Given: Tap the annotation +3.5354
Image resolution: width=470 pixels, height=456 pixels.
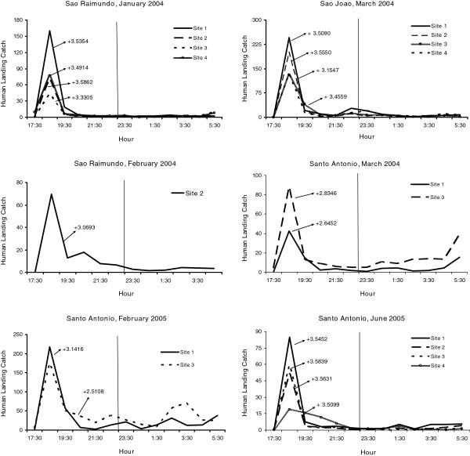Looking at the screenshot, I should coord(82,42).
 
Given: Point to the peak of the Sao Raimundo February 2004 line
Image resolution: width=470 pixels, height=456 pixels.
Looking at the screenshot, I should coord(51,194).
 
